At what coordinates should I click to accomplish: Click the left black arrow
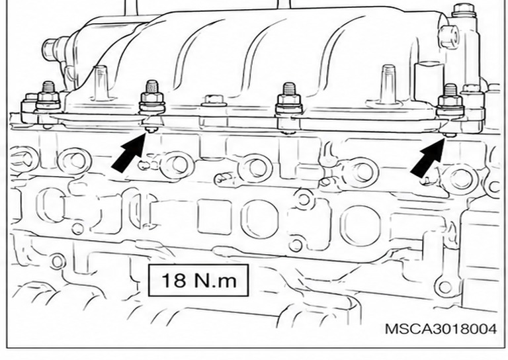[x=129, y=153]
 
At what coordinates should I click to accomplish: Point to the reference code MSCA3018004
[x=441, y=329]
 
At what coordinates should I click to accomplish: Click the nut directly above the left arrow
[x=151, y=98]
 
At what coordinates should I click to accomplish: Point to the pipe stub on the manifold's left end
[x=54, y=49]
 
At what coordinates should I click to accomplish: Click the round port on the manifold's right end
[x=448, y=36]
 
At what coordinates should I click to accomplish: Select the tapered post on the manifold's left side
[x=101, y=83]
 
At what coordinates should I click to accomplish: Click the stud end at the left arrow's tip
[x=151, y=130]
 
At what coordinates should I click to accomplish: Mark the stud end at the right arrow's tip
[x=450, y=135]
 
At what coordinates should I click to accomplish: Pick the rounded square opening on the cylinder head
[x=214, y=217]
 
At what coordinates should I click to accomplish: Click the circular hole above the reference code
[x=444, y=287]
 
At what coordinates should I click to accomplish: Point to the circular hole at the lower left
[x=58, y=261]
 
